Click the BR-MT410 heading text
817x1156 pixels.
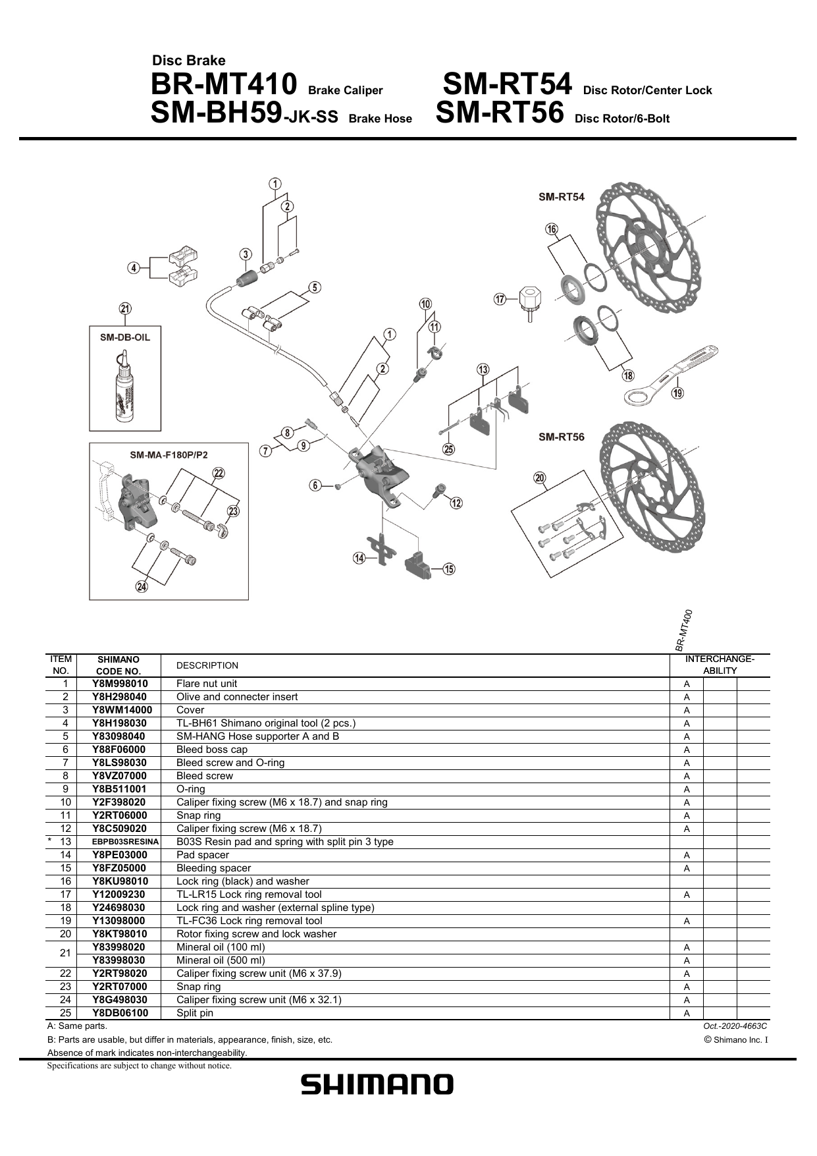(224, 86)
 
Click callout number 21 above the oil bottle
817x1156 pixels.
(125, 309)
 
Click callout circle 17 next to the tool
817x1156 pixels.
(500, 300)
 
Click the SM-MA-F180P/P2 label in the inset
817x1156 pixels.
(169, 454)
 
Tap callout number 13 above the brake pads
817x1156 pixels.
(483, 369)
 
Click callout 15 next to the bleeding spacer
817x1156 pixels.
(448, 569)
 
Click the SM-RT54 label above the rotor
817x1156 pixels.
(561, 196)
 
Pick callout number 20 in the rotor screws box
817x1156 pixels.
(540, 478)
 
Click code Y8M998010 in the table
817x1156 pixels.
(120, 684)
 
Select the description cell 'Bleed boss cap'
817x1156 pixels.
(211, 750)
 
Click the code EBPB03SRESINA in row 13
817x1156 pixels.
(125, 842)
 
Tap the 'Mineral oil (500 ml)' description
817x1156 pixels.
(221, 960)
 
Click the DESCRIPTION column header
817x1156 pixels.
(207, 665)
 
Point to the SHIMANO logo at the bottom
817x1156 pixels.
(377, 1084)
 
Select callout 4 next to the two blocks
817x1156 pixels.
(134, 267)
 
